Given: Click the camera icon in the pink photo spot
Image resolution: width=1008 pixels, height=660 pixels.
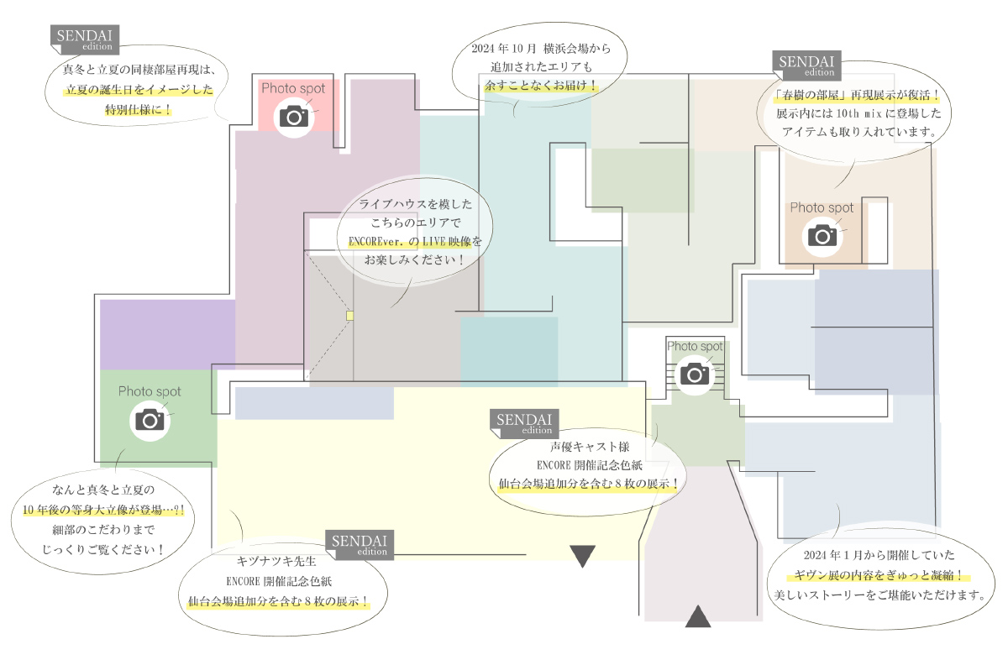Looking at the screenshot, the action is point(294,117).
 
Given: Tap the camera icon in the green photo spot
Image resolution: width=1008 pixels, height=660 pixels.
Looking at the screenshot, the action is point(150,420).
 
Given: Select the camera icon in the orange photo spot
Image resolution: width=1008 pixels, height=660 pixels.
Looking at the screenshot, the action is point(822,236).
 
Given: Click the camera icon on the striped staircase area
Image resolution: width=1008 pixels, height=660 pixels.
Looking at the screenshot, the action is point(695,375).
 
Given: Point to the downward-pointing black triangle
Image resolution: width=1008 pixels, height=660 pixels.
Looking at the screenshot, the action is point(582,556).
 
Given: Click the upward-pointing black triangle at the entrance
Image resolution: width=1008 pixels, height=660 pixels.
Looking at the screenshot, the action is point(698,616).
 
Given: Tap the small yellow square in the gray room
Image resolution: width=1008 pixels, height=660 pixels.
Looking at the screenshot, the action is point(349,316).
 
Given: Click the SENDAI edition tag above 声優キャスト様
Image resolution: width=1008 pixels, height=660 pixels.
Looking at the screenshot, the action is point(524,423).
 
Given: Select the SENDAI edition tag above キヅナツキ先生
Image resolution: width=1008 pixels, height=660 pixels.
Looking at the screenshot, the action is point(360,544).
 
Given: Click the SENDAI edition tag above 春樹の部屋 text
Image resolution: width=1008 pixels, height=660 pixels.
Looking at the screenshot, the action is point(807,65).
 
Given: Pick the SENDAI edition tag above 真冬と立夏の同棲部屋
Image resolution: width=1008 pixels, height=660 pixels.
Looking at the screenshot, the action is point(85,39).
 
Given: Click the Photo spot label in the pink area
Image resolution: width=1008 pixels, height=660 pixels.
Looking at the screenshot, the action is point(293,88).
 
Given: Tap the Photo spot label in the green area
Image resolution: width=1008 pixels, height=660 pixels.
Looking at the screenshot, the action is point(150,391).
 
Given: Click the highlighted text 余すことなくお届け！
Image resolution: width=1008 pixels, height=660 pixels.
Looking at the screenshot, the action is point(541,85).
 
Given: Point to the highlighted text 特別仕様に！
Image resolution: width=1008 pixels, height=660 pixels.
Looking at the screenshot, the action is point(138,109).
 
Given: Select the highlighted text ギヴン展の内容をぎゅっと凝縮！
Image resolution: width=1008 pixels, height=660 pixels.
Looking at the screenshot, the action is point(878,575).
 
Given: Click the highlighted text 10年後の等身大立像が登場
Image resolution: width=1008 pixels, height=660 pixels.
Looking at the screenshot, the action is point(103,510).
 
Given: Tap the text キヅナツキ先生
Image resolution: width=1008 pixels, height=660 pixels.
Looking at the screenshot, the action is point(276,561).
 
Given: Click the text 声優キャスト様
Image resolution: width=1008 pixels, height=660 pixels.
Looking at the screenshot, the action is point(590,447).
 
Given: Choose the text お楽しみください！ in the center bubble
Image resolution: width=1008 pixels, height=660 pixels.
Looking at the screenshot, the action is point(414,259).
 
